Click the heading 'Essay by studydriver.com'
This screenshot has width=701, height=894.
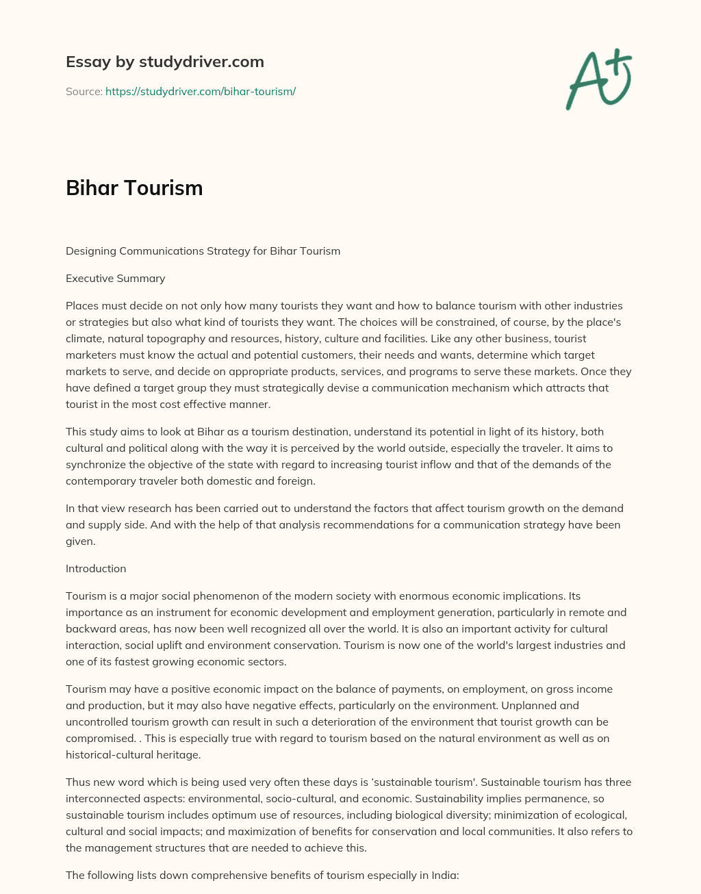164,62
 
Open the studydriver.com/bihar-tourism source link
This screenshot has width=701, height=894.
201,91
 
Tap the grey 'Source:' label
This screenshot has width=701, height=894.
84,91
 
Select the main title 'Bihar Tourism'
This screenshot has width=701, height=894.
134,188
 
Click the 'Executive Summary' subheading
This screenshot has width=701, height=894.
115,278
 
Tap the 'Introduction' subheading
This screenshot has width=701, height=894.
96,568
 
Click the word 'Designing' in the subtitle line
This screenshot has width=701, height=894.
91,251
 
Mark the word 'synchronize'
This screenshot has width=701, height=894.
96,464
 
